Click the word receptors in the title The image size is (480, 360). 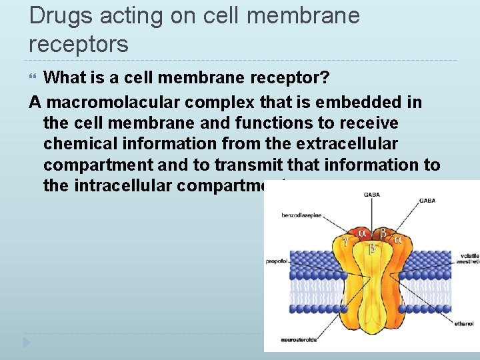tap(79, 45)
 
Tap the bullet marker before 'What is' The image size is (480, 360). tap(35, 79)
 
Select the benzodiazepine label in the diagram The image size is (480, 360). tap(302, 216)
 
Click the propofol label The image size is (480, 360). tap(276, 261)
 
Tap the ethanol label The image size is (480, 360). tap(464, 323)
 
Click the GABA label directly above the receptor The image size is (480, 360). tap(372, 194)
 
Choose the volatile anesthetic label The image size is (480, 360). tap(469, 259)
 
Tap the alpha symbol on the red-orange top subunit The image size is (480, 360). tap(362, 233)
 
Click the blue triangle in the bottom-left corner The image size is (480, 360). tap(27, 343)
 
